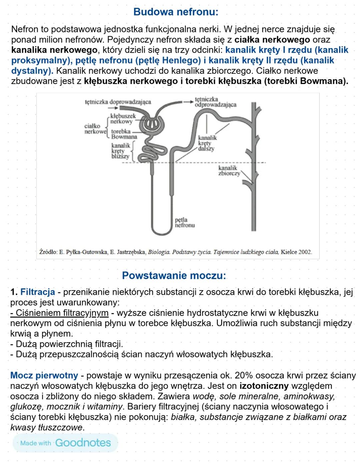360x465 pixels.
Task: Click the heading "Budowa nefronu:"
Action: (176, 12)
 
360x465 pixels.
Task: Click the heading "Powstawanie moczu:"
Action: (174, 276)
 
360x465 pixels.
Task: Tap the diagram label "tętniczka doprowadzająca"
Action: (118, 102)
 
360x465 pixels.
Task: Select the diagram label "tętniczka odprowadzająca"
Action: (215, 102)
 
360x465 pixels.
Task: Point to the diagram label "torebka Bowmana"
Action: (124, 134)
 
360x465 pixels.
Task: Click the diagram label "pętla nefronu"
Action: (185, 222)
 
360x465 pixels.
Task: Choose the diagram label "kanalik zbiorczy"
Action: (229, 170)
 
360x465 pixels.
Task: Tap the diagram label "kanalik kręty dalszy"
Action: (207, 143)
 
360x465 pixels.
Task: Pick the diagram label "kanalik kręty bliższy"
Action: (120, 151)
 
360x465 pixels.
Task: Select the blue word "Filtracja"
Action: (38, 292)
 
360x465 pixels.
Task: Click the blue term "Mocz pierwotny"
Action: (44, 376)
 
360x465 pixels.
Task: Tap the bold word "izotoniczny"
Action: (264, 386)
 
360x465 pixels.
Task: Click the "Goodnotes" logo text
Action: (83, 443)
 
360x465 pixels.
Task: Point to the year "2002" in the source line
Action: (305, 252)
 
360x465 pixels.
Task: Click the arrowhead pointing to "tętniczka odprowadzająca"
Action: (190, 102)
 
